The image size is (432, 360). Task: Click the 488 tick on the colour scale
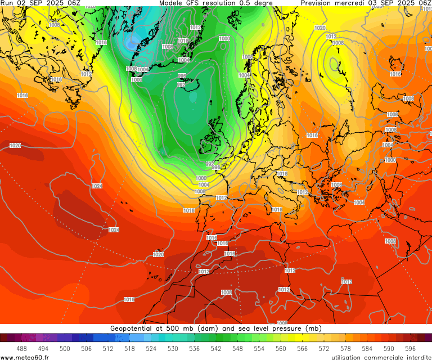[x=21, y=349]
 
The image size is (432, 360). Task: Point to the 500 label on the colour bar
[x=65, y=349]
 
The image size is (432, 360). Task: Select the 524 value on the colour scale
[x=151, y=349]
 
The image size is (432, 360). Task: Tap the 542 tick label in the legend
[x=216, y=349]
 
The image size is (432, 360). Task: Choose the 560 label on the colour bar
[x=281, y=349]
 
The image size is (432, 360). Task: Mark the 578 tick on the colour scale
[x=345, y=349]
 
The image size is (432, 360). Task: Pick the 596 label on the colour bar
[x=410, y=349]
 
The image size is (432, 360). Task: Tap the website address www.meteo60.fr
[x=25, y=357]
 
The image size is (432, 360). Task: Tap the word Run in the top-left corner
[x=7, y=3]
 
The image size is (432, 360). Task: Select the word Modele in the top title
[x=172, y=3]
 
